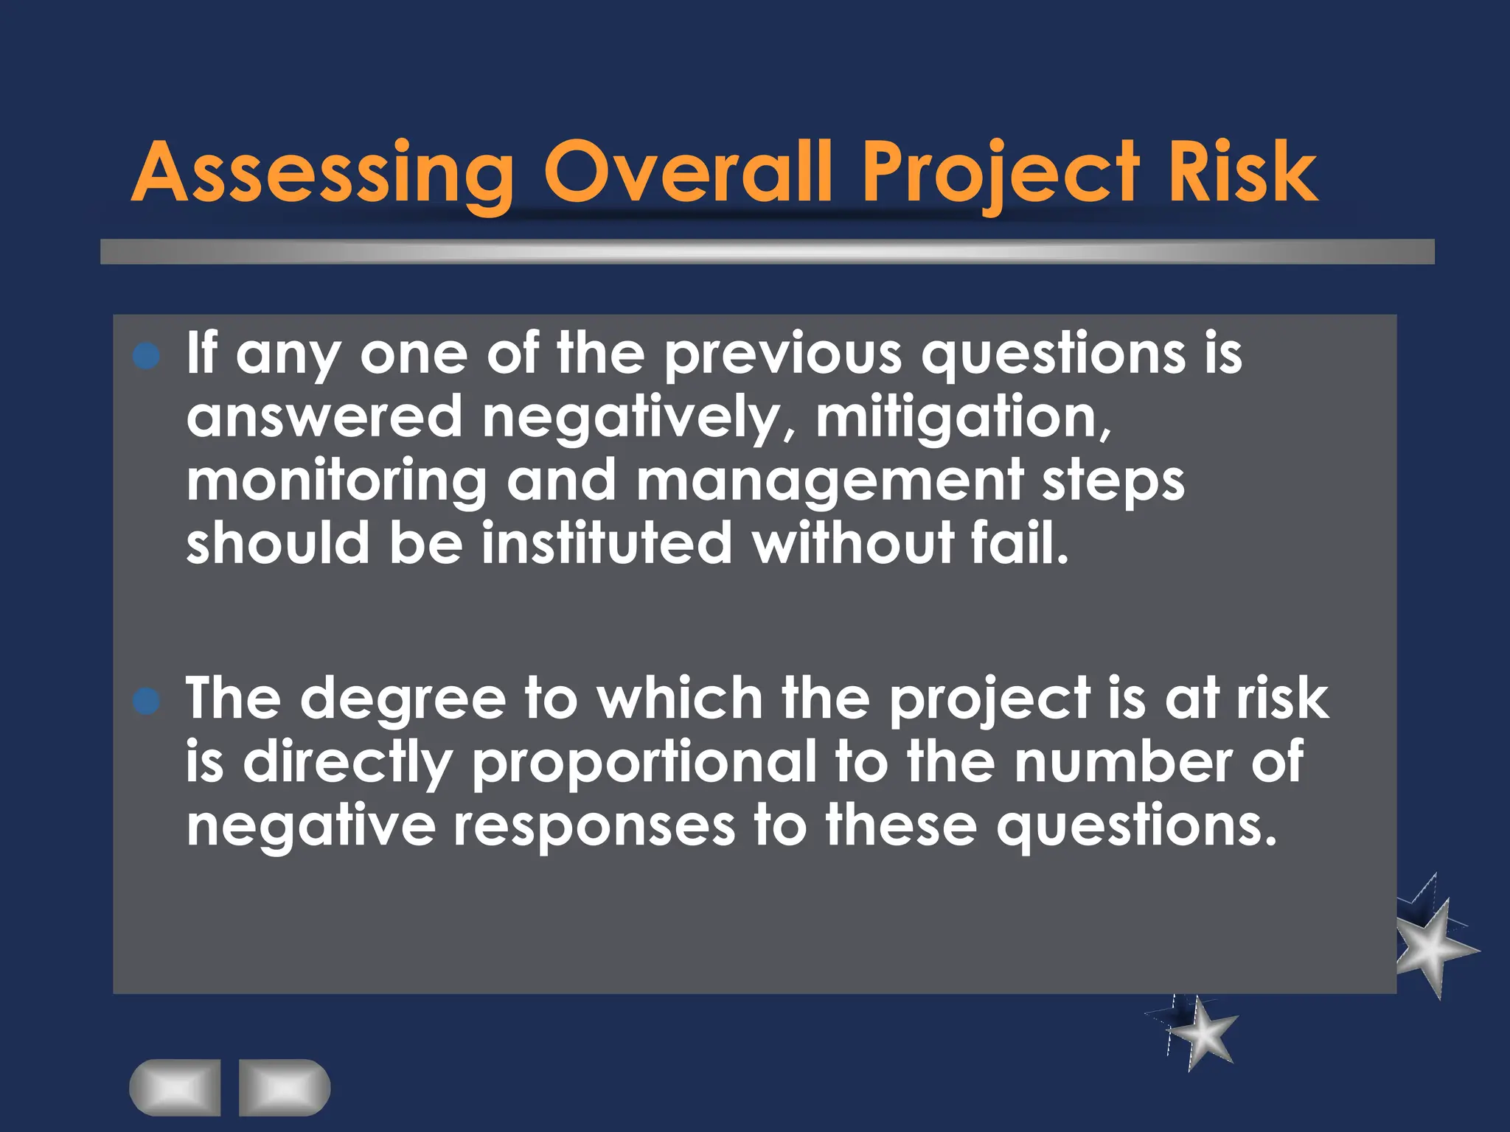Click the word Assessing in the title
point(323,173)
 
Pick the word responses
point(594,826)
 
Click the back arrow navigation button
point(175,1088)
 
